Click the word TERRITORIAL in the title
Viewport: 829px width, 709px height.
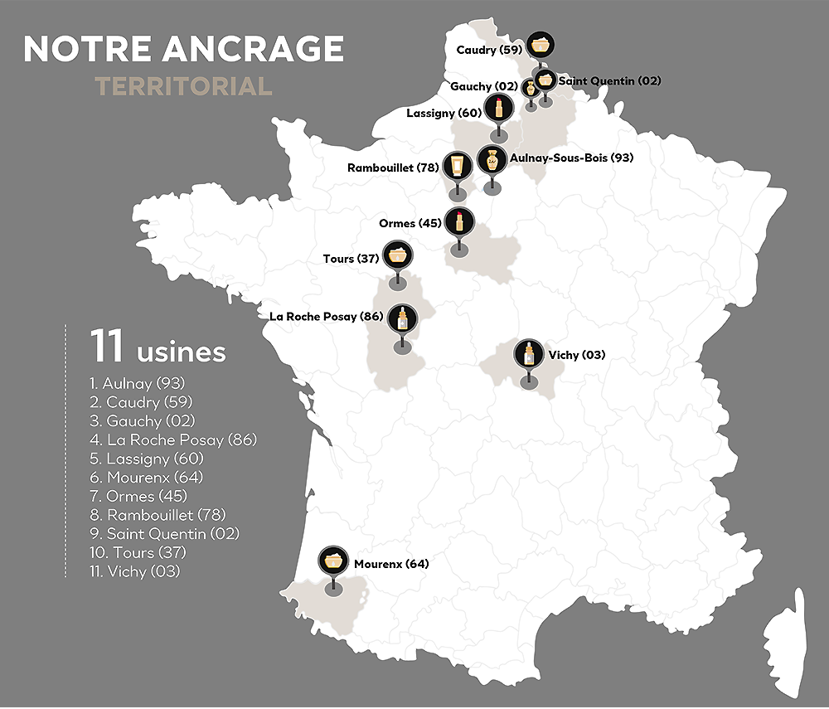[x=183, y=86]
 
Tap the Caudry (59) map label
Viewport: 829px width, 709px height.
[x=488, y=51]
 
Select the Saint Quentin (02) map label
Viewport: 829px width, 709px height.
[x=598, y=81]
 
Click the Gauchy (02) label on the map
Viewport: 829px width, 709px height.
[x=483, y=86]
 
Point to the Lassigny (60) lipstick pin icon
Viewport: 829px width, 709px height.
[x=498, y=107]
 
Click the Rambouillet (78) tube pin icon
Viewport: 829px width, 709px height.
[x=457, y=165]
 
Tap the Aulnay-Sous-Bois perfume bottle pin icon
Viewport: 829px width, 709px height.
[x=492, y=159]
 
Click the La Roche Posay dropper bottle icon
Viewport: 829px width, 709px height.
[x=403, y=318]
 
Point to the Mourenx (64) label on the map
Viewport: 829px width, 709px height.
[x=391, y=564]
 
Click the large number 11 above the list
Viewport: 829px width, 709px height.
[x=108, y=347]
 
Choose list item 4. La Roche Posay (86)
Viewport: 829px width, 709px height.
[x=173, y=439]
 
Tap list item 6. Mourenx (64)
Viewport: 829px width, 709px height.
[x=146, y=478]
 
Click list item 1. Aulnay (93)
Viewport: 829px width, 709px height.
[x=138, y=383]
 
